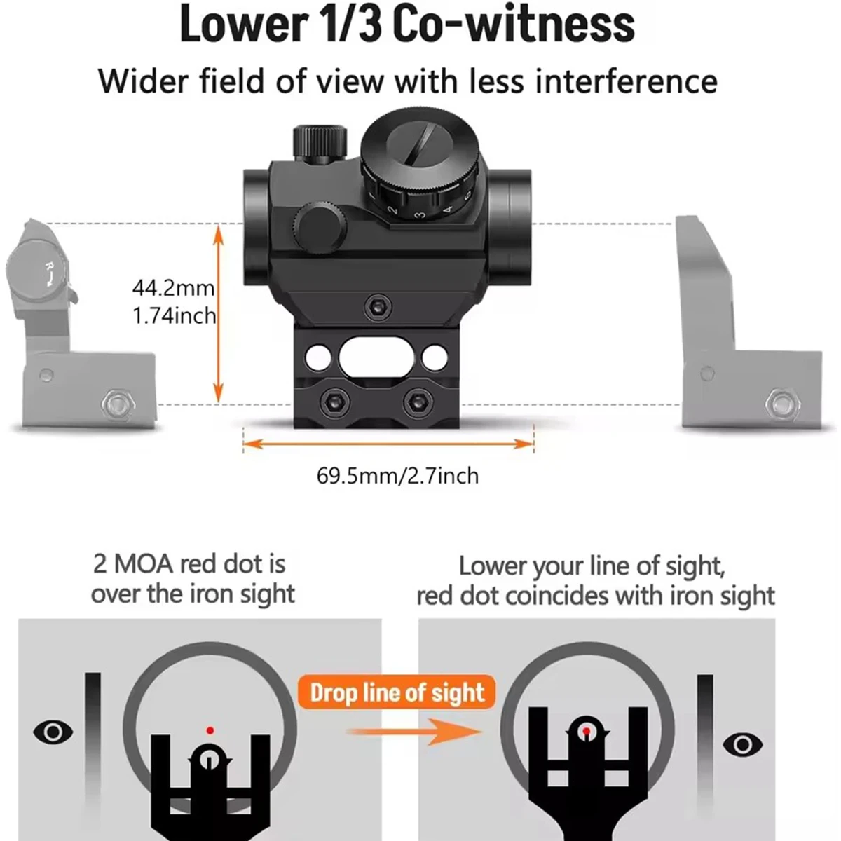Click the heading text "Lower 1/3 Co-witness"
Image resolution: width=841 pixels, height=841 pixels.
pyautogui.click(x=407, y=25)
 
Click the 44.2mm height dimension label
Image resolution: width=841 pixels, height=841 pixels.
pyautogui.click(x=173, y=288)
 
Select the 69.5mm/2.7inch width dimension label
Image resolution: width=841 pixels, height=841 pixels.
pyautogui.click(x=397, y=476)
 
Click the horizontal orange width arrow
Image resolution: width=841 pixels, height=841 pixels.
pyautogui.click(x=388, y=444)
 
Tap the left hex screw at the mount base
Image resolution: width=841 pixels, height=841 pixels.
pyautogui.click(x=329, y=400)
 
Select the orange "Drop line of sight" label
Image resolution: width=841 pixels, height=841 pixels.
pyautogui.click(x=397, y=693)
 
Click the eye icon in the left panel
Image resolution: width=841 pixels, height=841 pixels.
pyautogui.click(x=53, y=732)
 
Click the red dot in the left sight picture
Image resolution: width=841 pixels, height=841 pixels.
pyautogui.click(x=209, y=730)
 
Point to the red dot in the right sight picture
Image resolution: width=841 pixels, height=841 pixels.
pyautogui.click(x=586, y=731)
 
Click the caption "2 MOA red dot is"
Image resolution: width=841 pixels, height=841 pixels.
pyautogui.click(x=189, y=564)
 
